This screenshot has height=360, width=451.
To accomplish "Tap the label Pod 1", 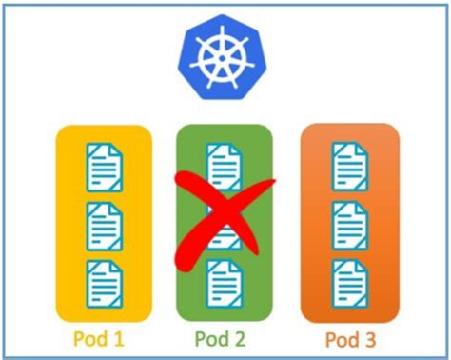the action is point(105,338).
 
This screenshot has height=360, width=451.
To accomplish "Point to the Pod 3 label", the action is point(347,338).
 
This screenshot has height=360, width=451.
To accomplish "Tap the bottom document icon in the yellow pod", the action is point(104,283).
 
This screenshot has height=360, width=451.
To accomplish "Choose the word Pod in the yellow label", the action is point(95,338).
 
